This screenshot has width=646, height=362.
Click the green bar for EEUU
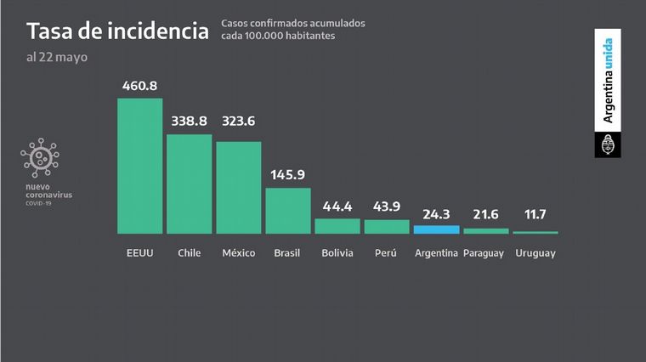139,166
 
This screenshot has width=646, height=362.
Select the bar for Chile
189,184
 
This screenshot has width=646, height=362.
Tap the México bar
238,187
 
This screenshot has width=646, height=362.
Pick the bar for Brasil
287,210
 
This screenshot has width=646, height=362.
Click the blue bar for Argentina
436,229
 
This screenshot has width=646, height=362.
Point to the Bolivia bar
337,226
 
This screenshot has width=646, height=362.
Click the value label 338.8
190,122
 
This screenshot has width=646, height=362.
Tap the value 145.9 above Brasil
288,175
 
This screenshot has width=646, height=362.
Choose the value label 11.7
535,219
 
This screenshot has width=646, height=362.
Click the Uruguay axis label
535,253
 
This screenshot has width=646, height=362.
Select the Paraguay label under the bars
484,253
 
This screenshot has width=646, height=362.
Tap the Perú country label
387,253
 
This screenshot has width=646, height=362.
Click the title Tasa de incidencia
117,31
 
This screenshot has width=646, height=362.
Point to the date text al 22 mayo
57,57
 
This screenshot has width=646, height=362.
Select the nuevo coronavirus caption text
48,191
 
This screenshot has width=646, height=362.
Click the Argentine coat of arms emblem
608,145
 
